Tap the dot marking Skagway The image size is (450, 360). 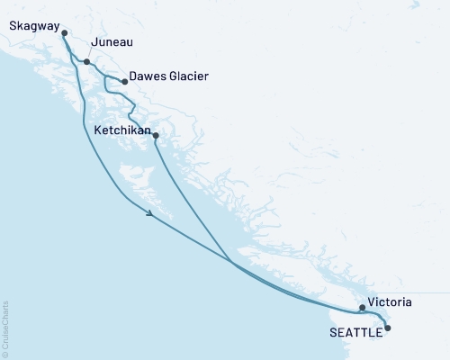pyautogui.click(x=64, y=33)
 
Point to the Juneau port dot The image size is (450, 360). pyautogui.click(x=86, y=62)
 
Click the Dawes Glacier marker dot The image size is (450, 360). pyautogui.click(x=124, y=82)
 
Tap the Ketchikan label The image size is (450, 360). pyautogui.click(x=121, y=130)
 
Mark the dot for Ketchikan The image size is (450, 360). pyautogui.click(x=156, y=136)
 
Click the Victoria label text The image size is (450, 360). pyautogui.click(x=391, y=303)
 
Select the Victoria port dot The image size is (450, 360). pyautogui.click(x=362, y=308)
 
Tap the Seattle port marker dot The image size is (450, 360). pyautogui.click(x=388, y=328)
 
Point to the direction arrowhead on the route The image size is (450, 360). pyautogui.click(x=149, y=212)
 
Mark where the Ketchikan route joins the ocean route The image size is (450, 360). pyautogui.click(x=232, y=263)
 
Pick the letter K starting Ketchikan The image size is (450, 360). pyautogui.click(x=97, y=130)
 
